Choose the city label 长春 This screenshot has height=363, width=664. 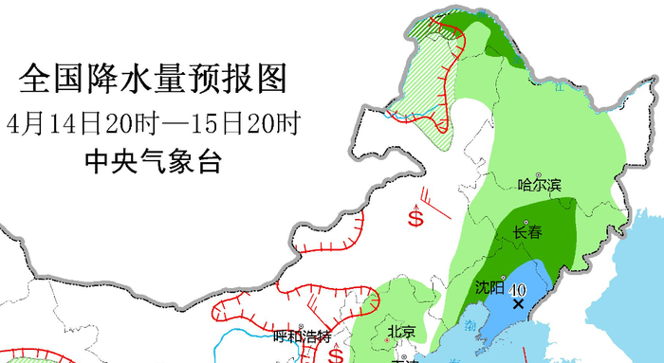coord(528,232)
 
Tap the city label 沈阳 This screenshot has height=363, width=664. coord(489,287)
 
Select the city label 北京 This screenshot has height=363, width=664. coord(401,332)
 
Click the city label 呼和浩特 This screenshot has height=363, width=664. coord(301,336)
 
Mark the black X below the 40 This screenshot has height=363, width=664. coord(518,304)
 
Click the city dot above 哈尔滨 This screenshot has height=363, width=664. coord(539,174)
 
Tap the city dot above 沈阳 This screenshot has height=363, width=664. coord(503,278)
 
